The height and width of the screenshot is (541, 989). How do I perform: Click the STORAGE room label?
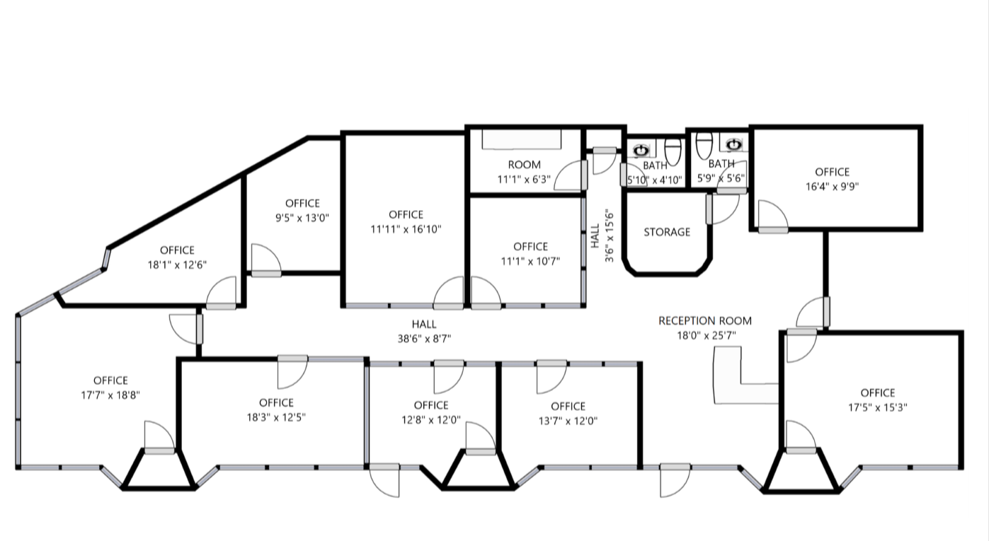[x=666, y=232]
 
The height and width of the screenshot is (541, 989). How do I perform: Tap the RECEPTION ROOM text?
[x=704, y=321]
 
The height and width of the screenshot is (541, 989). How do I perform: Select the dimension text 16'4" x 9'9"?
[x=832, y=187]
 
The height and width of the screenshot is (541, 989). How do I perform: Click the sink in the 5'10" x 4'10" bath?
[x=641, y=151]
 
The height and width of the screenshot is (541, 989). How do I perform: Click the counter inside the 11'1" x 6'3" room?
[x=522, y=139]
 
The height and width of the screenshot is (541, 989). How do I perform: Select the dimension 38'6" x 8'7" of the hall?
[x=423, y=339]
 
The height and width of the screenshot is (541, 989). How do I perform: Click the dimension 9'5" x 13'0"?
[x=302, y=218]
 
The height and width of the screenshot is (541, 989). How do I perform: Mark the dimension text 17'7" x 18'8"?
[x=110, y=395]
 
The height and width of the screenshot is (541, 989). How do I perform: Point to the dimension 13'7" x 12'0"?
[x=568, y=421]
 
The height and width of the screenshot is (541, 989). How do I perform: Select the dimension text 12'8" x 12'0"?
[x=431, y=419]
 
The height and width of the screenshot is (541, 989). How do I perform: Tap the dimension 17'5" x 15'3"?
[x=877, y=407]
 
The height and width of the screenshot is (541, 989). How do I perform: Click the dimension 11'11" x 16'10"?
[x=406, y=228]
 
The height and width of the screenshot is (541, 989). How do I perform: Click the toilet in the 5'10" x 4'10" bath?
[x=673, y=150]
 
